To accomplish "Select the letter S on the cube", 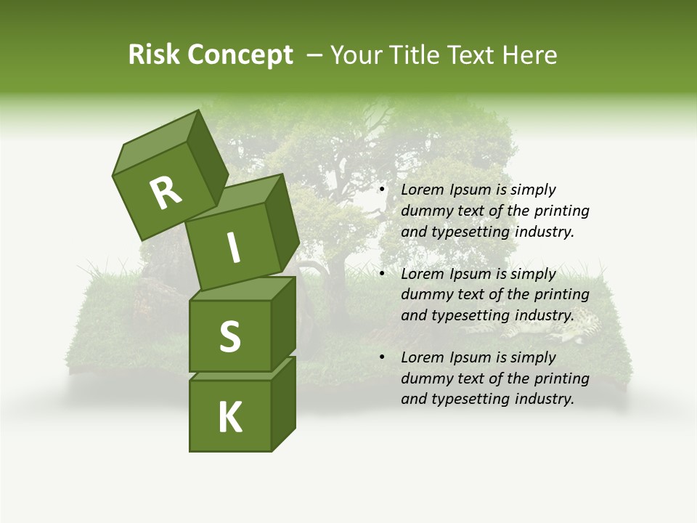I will tap(229, 336).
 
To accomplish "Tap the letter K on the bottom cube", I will tap(229, 417).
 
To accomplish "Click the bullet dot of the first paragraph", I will tap(382, 190).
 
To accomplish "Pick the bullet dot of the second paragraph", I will tap(382, 274).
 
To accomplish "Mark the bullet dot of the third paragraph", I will tap(382, 357).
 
